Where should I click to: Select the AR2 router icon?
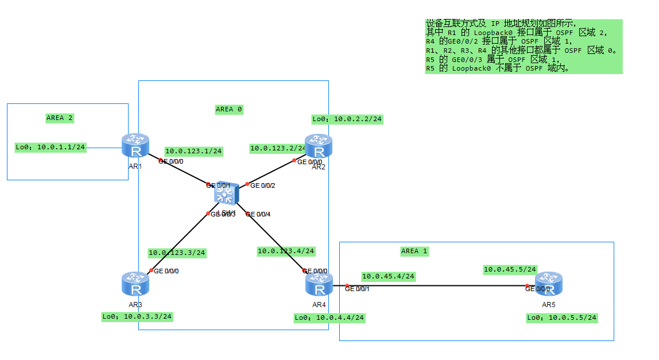[x=319, y=146]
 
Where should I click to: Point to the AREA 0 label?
[x=229, y=109]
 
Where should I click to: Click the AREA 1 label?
[x=414, y=251]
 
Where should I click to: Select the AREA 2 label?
[x=60, y=118]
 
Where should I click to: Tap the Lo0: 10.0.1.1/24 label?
[x=51, y=148]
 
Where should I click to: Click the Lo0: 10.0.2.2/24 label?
[x=347, y=119]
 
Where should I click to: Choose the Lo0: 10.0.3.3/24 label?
[x=137, y=316]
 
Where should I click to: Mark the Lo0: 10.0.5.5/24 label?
[x=562, y=318]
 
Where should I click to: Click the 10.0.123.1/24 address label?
[x=193, y=151]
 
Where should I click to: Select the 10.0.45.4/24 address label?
[x=388, y=276]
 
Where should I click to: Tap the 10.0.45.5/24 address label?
[x=510, y=269]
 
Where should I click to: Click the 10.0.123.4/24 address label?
[x=286, y=251]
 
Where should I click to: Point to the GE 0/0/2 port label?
[x=263, y=185]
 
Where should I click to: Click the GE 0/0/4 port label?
[x=258, y=214]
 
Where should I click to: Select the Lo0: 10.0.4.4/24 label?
[x=329, y=318]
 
